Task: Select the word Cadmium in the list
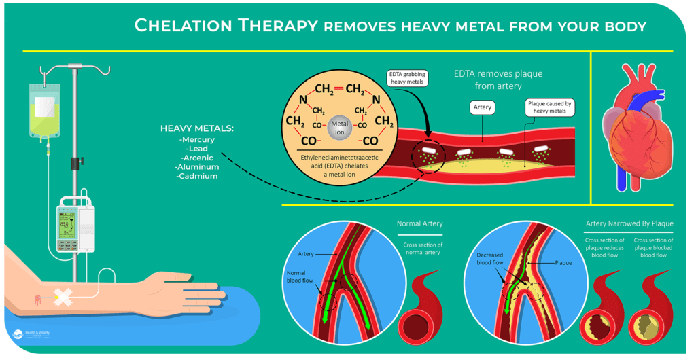[x=198, y=176]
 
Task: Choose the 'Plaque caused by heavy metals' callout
[x=550, y=108]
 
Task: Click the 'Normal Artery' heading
[x=419, y=223]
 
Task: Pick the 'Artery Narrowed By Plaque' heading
[x=629, y=223]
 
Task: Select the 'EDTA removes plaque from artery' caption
[x=498, y=79]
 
